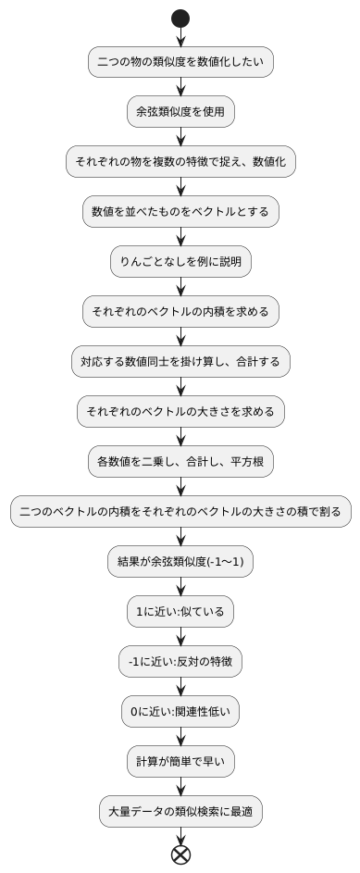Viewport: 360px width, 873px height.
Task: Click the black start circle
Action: (x=180, y=19)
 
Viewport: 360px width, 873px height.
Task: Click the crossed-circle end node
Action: (x=180, y=854)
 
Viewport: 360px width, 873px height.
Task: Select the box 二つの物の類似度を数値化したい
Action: (x=180, y=62)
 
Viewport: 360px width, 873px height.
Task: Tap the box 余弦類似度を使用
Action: (x=180, y=112)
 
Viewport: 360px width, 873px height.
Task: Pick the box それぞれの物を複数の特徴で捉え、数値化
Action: (x=180, y=162)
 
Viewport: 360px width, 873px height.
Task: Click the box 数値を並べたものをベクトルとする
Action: (x=180, y=212)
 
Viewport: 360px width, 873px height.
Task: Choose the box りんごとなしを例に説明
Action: (x=180, y=262)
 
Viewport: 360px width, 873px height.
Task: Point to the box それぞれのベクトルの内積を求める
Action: (x=180, y=312)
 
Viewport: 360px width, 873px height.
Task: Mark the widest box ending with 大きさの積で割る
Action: (x=180, y=511)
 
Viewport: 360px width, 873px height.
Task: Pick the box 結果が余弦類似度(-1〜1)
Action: (x=180, y=561)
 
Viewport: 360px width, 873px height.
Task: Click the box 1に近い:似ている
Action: (x=180, y=611)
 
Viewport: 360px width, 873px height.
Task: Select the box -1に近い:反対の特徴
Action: (x=180, y=661)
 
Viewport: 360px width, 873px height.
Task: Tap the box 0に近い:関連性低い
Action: (x=180, y=711)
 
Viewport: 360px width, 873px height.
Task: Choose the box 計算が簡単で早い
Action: (x=180, y=761)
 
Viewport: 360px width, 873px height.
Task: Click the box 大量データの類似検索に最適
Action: (x=180, y=811)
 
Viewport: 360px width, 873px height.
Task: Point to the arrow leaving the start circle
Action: (x=180, y=37)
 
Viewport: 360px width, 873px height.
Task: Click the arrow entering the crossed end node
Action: (x=180, y=835)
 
